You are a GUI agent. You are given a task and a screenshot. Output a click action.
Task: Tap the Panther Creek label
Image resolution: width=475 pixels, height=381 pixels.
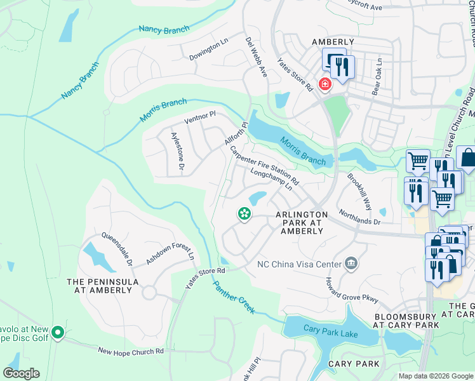[234, 297]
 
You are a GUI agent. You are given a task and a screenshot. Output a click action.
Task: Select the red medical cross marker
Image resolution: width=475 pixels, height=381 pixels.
[324, 84]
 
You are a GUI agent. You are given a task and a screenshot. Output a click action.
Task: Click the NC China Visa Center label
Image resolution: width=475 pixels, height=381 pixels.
[298, 264]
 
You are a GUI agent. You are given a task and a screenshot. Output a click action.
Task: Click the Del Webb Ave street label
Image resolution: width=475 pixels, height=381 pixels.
[257, 57]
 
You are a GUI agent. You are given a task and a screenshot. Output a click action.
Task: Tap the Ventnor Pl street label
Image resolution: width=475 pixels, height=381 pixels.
[200, 117]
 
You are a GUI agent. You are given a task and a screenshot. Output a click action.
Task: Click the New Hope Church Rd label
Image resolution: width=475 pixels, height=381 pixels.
[131, 351]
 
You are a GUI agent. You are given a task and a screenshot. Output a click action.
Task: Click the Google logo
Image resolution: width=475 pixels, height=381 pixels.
[22, 373]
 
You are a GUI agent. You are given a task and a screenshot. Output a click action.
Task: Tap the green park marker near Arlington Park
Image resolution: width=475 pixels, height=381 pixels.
[243, 214]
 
